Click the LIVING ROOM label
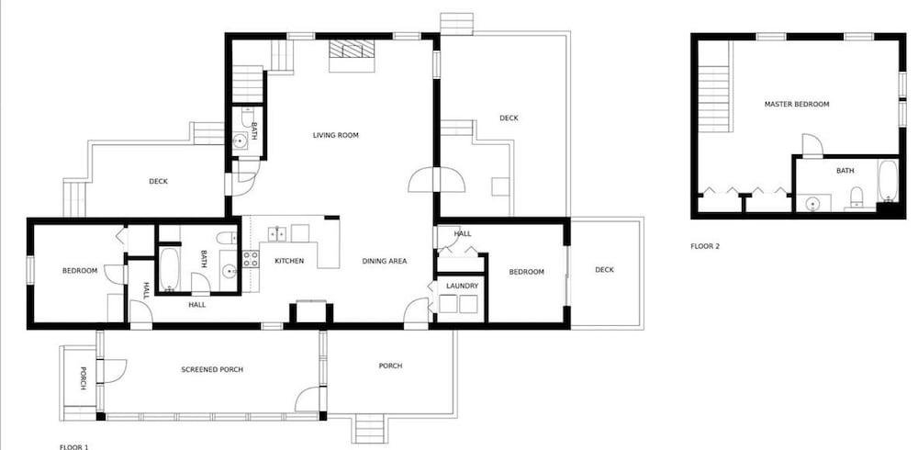coord(335,135)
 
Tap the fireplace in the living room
coord(352,56)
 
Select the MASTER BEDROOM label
coord(797,105)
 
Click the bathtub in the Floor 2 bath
coord(888,181)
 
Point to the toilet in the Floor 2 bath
coord(856,197)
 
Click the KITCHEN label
coord(289,261)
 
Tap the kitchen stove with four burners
coord(251,259)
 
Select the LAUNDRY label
coord(463,286)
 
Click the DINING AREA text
coord(384,262)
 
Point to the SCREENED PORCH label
coord(212,370)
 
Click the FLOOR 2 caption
coord(705,247)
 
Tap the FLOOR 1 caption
coord(73,447)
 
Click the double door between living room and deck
coord(437,180)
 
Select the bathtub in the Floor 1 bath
coord(169,269)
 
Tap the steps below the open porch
coord(370,429)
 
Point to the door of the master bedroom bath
coord(812,146)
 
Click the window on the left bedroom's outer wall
coord(30,270)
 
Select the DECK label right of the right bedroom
coord(604,270)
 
